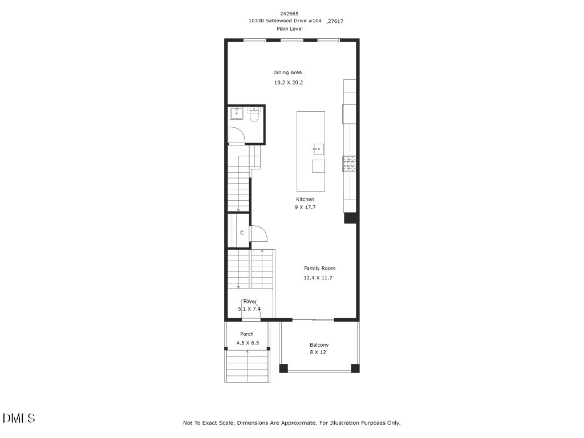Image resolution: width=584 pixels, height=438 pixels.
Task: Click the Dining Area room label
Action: (287, 72)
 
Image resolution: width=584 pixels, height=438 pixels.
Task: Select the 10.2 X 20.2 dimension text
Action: (288, 83)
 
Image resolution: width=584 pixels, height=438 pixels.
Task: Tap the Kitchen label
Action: (305, 199)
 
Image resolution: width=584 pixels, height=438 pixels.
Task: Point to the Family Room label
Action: (319, 268)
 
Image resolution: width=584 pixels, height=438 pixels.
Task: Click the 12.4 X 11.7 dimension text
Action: (318, 278)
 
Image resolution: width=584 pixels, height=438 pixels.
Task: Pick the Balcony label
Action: (319, 344)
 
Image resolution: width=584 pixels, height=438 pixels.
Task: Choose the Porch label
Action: (246, 334)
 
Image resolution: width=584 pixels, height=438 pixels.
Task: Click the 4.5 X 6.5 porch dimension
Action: (248, 343)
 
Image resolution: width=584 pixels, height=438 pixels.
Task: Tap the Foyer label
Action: (250, 301)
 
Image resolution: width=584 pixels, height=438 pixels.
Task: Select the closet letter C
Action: (242, 233)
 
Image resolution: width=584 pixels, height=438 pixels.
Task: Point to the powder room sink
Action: (237, 113)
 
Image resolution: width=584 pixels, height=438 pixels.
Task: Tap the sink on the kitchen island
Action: (318, 149)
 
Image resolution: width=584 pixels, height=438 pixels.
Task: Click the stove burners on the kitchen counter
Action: (349, 164)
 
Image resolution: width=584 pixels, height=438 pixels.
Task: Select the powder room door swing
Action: (236, 136)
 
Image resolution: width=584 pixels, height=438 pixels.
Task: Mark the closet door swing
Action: (258, 234)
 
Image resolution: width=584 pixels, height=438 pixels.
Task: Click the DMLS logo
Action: (19, 418)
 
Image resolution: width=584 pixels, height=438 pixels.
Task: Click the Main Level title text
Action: (290, 29)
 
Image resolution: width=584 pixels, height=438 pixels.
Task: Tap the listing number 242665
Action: (289, 13)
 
